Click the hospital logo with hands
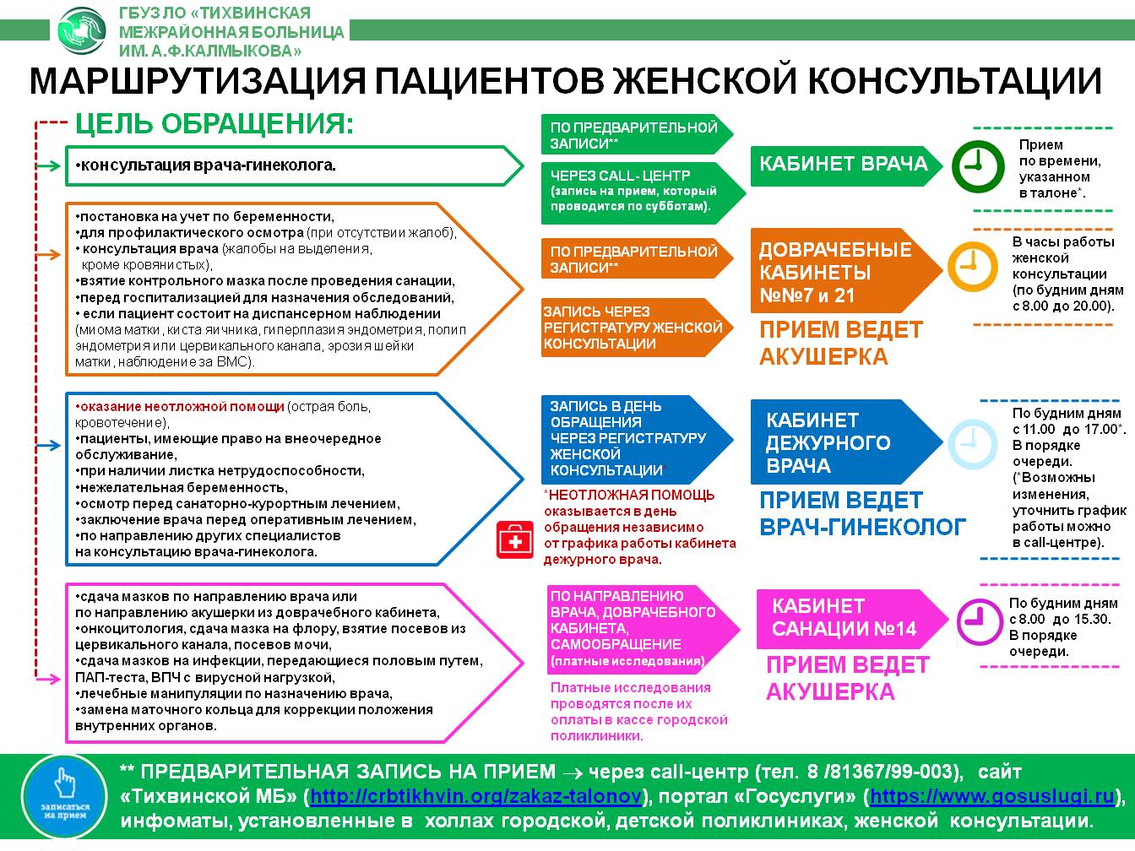click(x=82, y=30)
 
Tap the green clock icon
click(x=978, y=166)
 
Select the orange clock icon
click(x=973, y=266)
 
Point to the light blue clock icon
click(x=973, y=444)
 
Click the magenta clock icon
click(x=980, y=622)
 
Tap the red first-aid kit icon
click(x=514, y=540)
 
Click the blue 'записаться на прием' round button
click(x=64, y=796)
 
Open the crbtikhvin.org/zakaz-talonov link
click(x=475, y=796)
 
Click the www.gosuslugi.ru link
click(x=992, y=796)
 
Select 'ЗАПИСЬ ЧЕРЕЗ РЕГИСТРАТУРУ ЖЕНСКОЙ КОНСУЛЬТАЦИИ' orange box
click(x=637, y=327)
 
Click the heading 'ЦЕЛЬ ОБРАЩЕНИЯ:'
click(x=215, y=124)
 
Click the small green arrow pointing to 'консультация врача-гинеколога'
click(x=49, y=165)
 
